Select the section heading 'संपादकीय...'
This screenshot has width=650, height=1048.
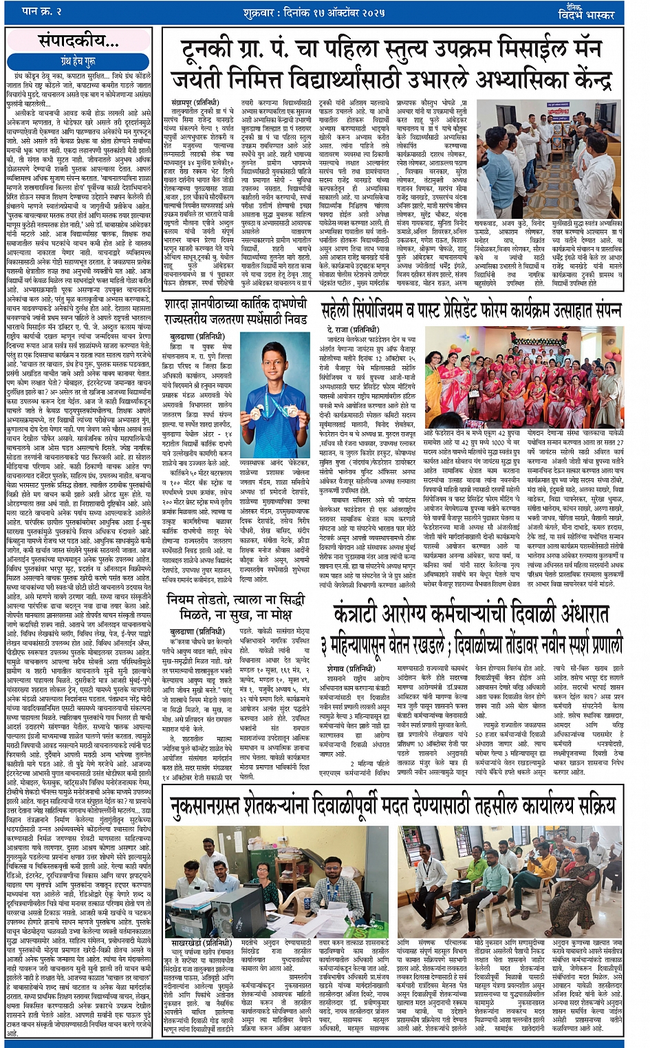pos(78,41)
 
